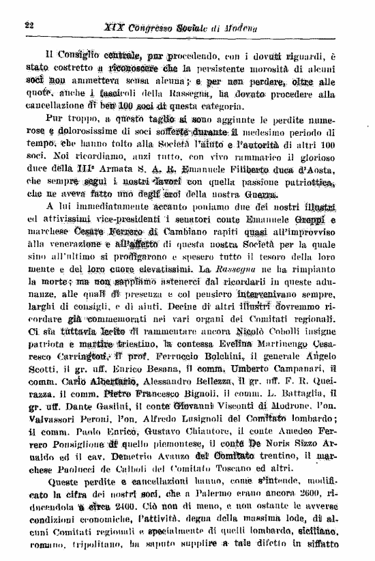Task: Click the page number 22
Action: pos(29,25)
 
